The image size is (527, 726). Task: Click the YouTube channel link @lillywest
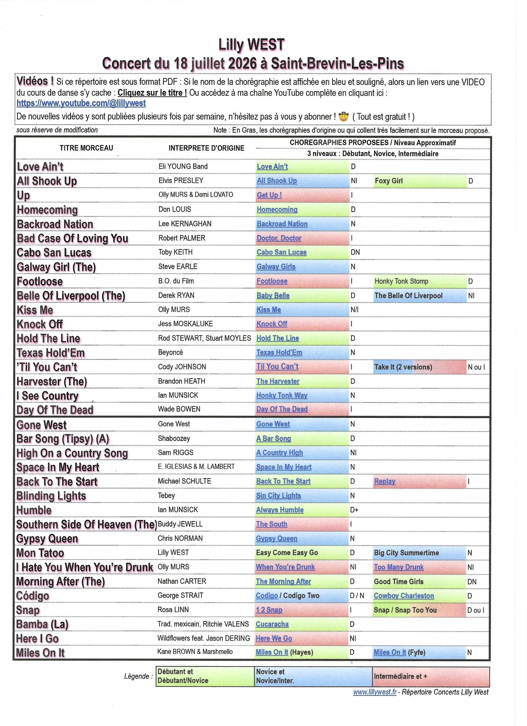point(81,103)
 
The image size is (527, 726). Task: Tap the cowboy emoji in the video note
point(343,116)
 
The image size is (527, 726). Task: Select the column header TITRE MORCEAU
point(86,148)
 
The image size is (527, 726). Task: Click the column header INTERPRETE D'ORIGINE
point(206,148)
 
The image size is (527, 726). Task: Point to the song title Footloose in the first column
point(40,281)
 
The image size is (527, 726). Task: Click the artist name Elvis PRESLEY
point(181,180)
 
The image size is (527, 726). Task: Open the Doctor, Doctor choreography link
point(279,238)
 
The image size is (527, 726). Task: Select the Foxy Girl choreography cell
point(389,181)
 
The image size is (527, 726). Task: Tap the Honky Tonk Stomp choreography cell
point(401,281)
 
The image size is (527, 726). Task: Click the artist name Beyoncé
point(170,352)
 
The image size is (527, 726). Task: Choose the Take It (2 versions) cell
point(403,367)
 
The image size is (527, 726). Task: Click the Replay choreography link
point(385,481)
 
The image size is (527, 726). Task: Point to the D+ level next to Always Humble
point(354,510)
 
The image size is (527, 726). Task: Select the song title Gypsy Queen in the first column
point(47,539)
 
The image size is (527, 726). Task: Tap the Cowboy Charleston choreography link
point(404,596)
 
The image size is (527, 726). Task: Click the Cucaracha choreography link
point(272,624)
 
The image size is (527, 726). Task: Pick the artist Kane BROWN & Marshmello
point(195,652)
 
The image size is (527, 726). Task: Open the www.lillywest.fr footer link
point(375,692)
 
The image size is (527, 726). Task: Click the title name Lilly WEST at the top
point(251,45)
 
